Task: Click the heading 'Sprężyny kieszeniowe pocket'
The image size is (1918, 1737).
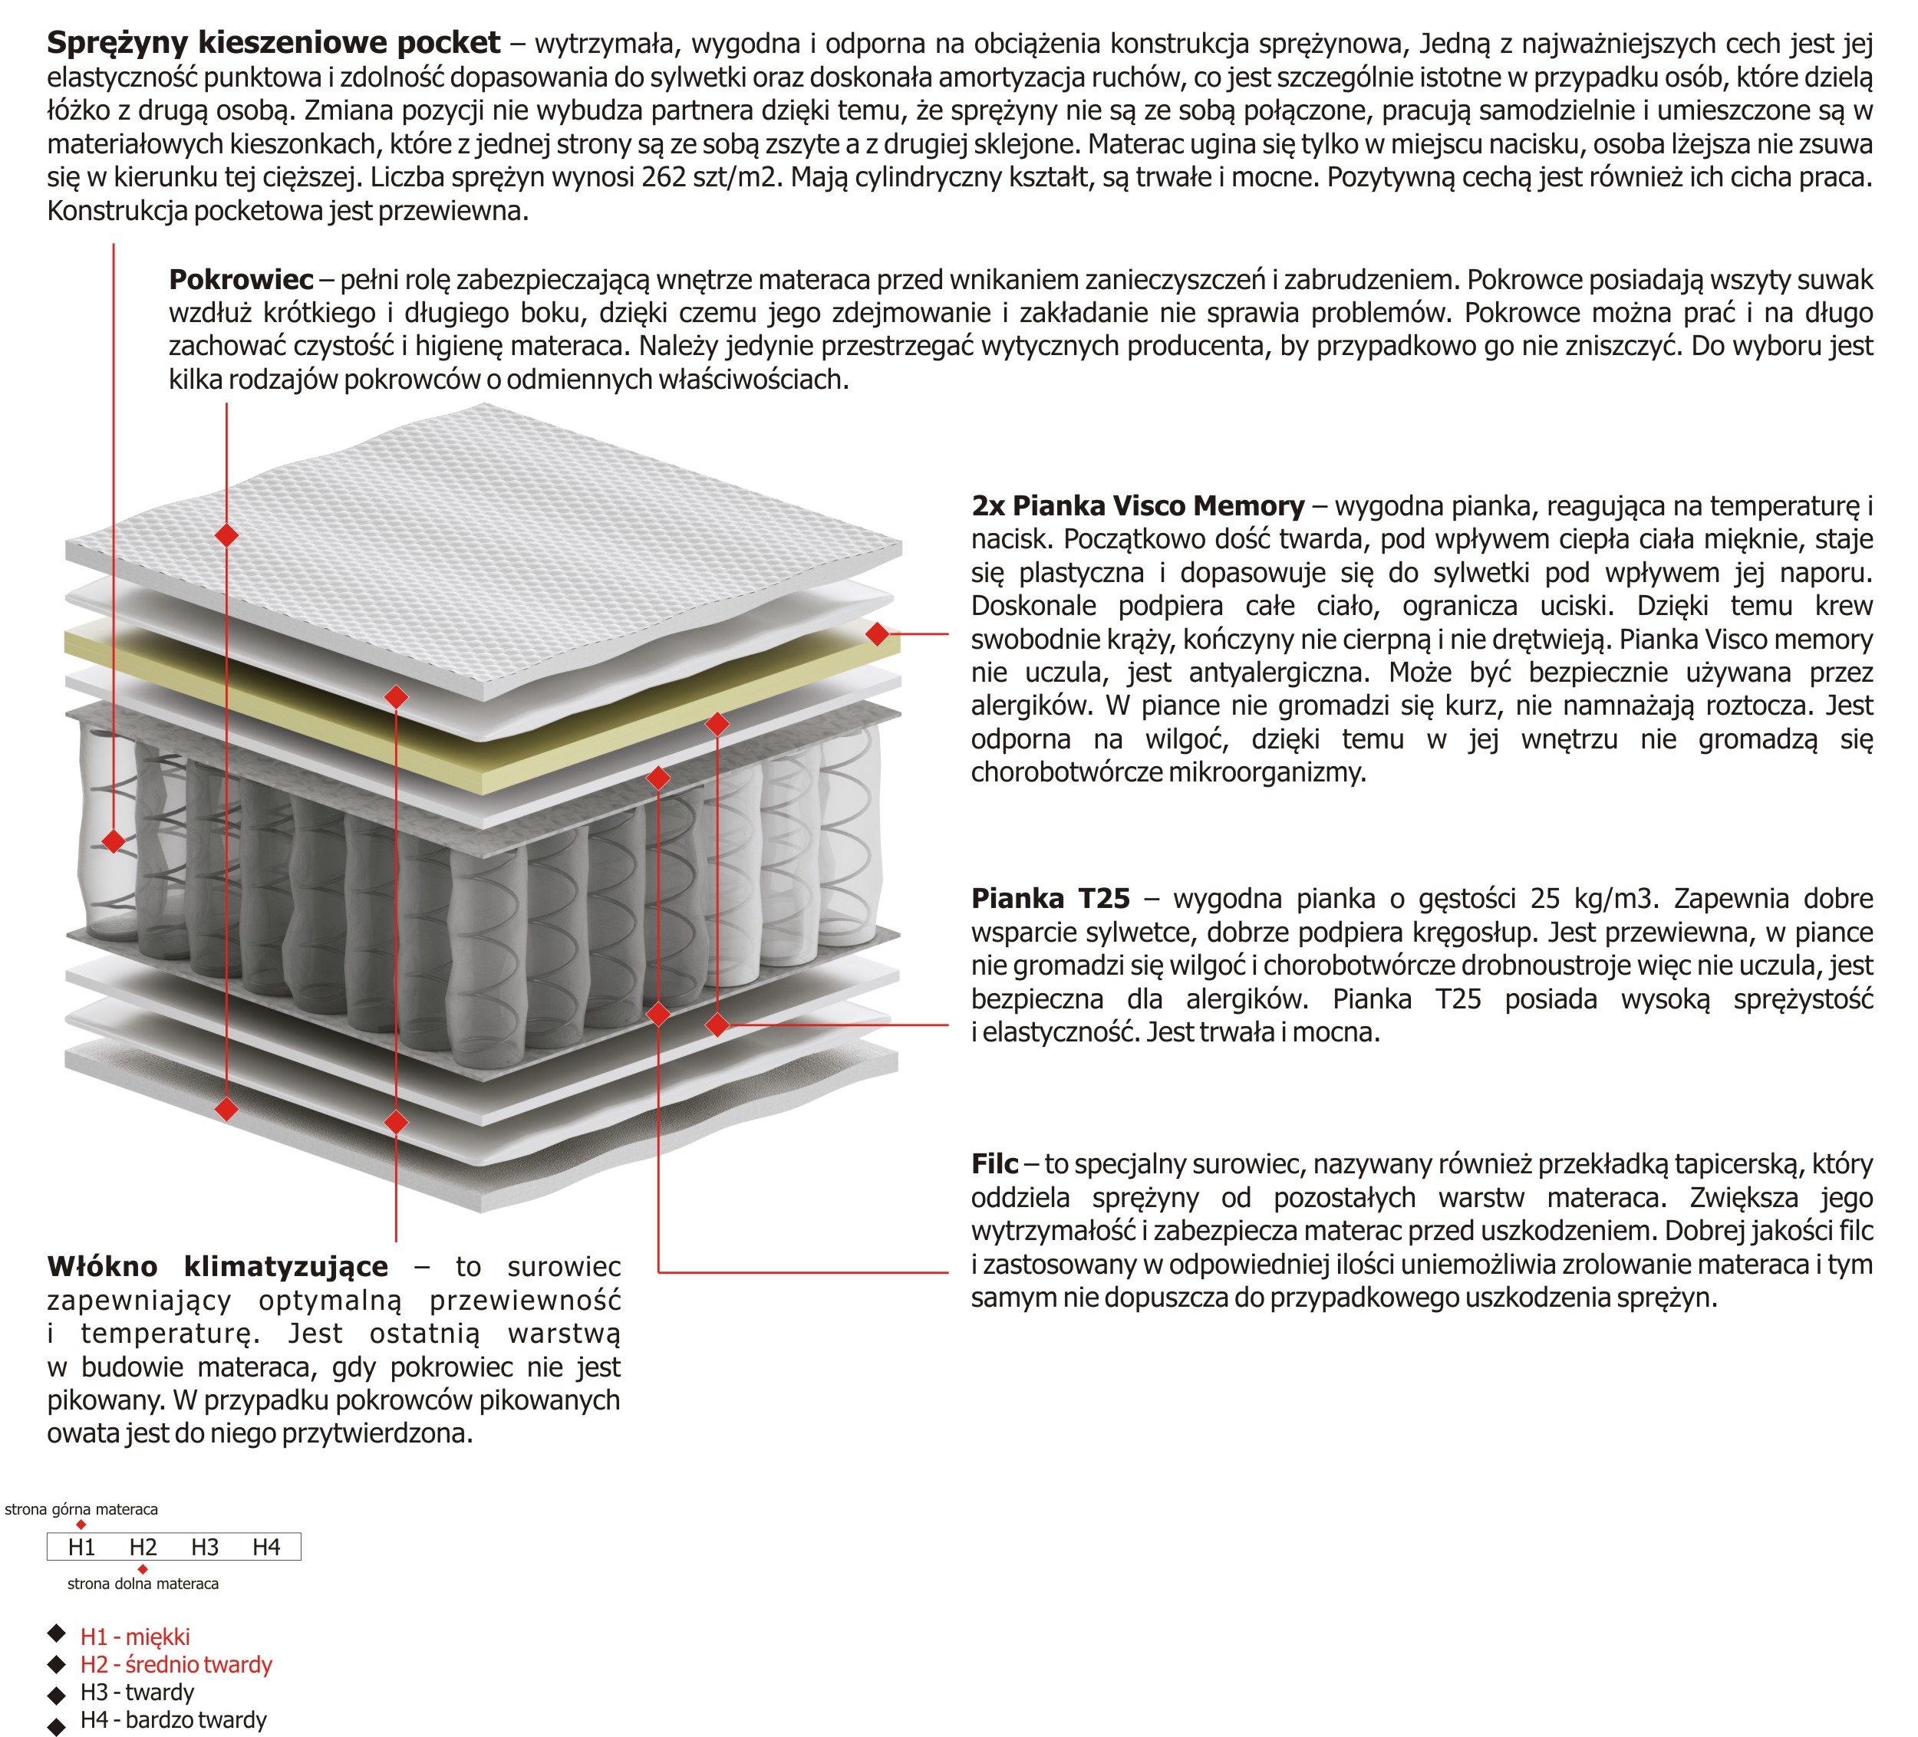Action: (273, 43)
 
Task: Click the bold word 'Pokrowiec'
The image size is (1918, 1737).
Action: (241, 280)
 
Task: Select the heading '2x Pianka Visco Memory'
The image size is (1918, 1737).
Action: (1137, 506)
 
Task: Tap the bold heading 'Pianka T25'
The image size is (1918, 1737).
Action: (1050, 899)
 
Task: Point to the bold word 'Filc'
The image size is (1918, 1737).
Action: (994, 1164)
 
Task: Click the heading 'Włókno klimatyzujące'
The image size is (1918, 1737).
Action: (218, 1267)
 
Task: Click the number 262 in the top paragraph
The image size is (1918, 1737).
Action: (663, 178)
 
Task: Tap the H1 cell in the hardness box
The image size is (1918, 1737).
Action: (82, 1548)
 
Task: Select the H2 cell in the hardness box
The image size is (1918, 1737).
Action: (143, 1548)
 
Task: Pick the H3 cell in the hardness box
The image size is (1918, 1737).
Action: (205, 1548)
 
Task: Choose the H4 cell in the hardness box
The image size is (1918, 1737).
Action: (266, 1548)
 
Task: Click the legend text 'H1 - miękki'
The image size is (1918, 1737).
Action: (135, 1637)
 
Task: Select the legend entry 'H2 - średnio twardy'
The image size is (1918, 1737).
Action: (176, 1665)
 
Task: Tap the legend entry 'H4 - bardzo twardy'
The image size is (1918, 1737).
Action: (173, 1720)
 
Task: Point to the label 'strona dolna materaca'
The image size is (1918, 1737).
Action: (143, 1584)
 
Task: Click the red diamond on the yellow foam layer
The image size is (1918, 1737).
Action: (877, 633)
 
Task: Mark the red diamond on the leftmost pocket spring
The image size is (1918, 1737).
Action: (114, 841)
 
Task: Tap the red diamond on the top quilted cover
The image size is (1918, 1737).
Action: (226, 535)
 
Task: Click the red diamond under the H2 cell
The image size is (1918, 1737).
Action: (143, 1568)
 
